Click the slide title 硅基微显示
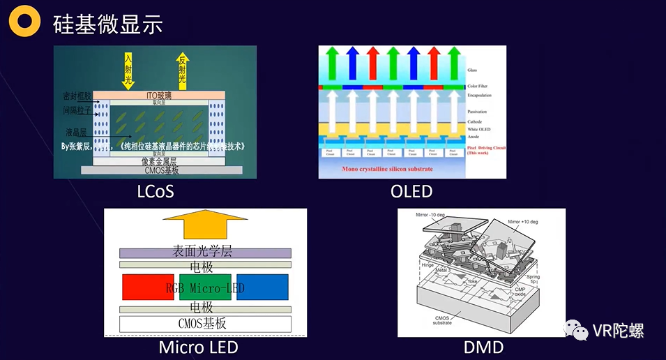coord(107,24)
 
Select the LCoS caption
coord(155,190)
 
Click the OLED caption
coord(411,190)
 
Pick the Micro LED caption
coord(198,347)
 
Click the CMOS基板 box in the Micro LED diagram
coord(205,324)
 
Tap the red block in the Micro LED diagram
coord(143,287)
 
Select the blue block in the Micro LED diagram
coord(262,287)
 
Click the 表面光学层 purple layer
coord(205,253)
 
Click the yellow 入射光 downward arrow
coord(128,70)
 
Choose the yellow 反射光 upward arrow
coord(183,70)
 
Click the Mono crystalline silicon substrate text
coord(387,169)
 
